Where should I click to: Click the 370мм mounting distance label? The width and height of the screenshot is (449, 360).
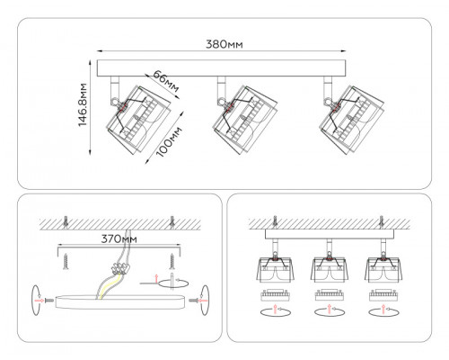point(117,239)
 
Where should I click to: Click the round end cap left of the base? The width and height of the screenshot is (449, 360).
point(38,297)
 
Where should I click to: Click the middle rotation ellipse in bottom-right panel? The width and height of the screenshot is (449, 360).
point(326,311)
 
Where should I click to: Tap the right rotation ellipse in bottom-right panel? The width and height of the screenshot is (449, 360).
point(383,311)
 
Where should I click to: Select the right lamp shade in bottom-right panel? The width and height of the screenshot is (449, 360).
point(383,267)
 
